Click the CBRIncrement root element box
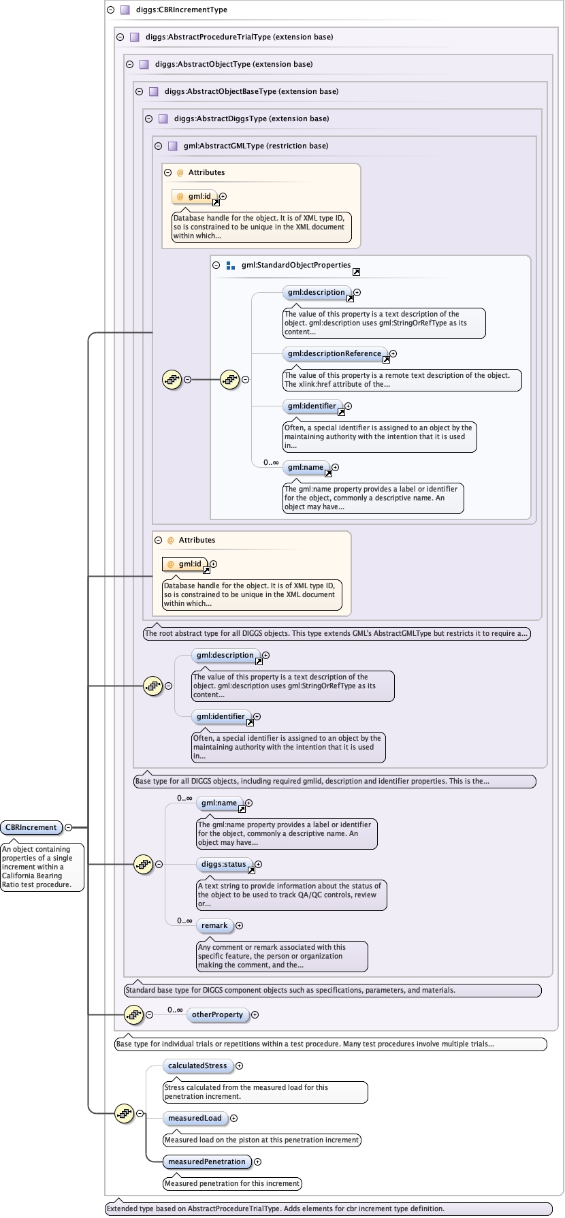31,827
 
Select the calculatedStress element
197,1065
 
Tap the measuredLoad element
195,1118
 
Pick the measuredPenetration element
206,1161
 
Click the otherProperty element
217,1014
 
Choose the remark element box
214,925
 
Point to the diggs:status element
223,864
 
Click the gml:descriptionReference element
334,353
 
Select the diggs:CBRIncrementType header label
182,10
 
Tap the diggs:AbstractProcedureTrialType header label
239,37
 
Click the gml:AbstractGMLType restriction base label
256,146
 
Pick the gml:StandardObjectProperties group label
296,265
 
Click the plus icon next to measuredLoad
233,1118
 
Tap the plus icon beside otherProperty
255,1014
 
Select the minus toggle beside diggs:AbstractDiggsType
148,118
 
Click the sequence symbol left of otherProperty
134,1014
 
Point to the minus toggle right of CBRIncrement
68,827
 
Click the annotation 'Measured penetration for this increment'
232,1183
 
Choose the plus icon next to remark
239,925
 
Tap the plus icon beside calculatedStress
239,1065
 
